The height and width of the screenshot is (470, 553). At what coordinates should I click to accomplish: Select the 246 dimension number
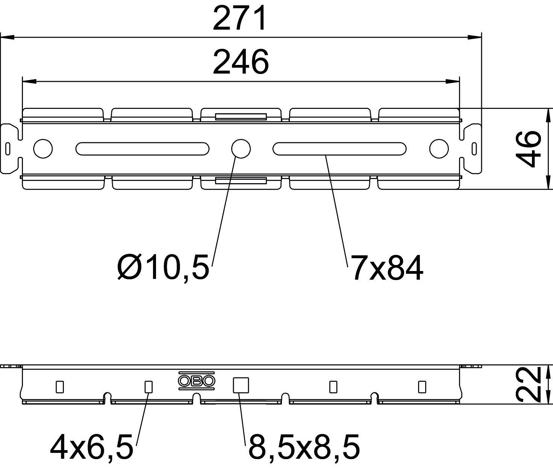coord(241,62)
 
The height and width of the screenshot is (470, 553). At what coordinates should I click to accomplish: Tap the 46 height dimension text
coord(529,149)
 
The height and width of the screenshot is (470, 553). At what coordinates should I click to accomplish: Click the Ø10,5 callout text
coord(163,267)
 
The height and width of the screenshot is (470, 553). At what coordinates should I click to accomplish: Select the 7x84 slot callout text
coord(387,268)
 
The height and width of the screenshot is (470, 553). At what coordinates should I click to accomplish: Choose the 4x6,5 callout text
coord(91,446)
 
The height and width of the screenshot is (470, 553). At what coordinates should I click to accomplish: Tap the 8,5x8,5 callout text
coord(304,446)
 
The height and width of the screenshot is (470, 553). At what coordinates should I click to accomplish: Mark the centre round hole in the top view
coord(241,149)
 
